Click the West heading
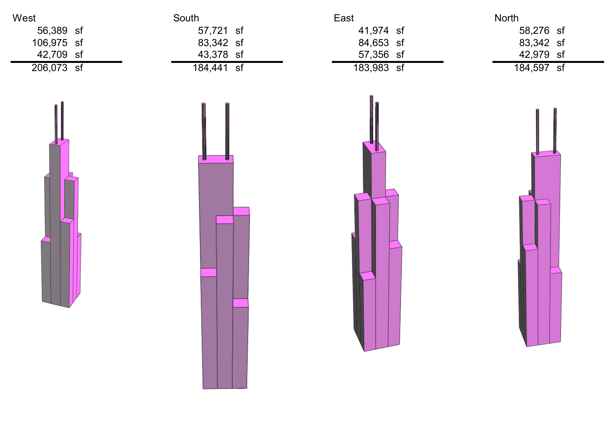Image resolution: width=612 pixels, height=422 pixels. coord(24,18)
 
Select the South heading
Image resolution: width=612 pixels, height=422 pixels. coord(186,18)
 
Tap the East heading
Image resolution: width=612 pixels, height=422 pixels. coord(343,18)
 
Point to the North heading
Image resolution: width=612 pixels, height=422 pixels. coord(506,18)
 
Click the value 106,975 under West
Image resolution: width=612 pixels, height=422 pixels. coord(49,42)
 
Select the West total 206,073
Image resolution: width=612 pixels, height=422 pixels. coord(49,68)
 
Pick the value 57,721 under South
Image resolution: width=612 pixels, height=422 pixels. coord(213,31)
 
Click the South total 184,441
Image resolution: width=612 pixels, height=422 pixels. coord(210,68)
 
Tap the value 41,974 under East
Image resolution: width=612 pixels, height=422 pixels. coord(373,31)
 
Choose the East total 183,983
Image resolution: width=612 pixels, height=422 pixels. coord(371,68)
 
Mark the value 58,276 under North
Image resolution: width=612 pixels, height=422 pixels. coord(534,31)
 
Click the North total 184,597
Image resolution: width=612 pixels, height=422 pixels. coord(531,68)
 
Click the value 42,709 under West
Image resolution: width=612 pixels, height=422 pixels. coord(52,54)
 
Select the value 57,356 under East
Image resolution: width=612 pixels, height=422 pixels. coord(373,54)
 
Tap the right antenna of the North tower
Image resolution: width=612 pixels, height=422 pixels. coord(555,130)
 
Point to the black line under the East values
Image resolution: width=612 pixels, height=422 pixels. coord(387,62)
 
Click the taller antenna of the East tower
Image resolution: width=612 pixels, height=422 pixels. coord(371,119)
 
